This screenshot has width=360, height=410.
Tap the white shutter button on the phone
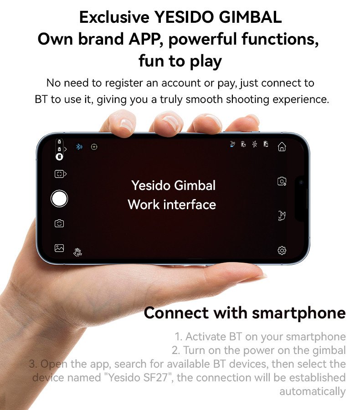pos(59,199)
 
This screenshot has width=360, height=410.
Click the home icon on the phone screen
pos(282,147)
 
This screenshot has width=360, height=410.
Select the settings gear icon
pos(282,251)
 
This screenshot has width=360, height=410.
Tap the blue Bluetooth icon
pos(79,147)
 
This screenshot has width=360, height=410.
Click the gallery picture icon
pos(59,248)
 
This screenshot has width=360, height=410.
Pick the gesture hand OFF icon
pos(78,252)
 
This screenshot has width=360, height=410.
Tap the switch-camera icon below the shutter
pos(59,224)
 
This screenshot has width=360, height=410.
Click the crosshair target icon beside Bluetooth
pos(94,147)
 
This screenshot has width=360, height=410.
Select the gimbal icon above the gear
pos(282,216)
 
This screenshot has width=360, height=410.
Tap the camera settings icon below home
pos(282,181)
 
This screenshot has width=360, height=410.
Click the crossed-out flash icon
pos(255,144)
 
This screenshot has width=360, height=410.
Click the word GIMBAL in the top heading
pos(250,17)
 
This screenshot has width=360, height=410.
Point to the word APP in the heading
pos(144,39)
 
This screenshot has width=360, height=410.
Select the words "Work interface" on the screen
pos(172,205)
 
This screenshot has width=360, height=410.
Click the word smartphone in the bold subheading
pos(299,313)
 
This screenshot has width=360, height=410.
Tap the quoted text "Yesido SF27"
pos(139,378)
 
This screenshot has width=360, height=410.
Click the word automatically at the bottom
pos(313,391)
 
